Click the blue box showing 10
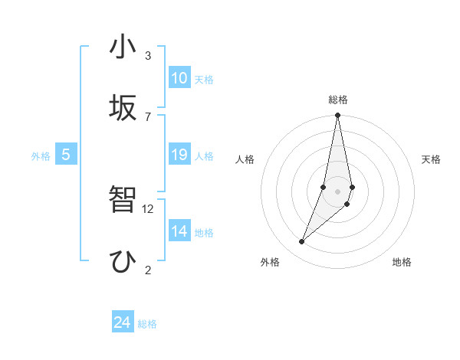[x=179, y=78]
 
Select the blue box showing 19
[x=179, y=155]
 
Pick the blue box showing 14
[x=179, y=231]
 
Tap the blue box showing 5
[x=66, y=155]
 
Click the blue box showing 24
[x=123, y=322]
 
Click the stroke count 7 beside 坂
[x=148, y=116]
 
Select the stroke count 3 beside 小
[x=148, y=56]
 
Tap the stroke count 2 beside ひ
[x=148, y=270]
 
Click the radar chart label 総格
[x=338, y=100]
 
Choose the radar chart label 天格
[x=431, y=159]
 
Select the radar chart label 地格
[x=402, y=262]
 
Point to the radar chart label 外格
[x=270, y=262]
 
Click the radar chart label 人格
[x=245, y=159]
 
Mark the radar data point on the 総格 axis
[x=337, y=116]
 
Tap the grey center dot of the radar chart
[x=337, y=191]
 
